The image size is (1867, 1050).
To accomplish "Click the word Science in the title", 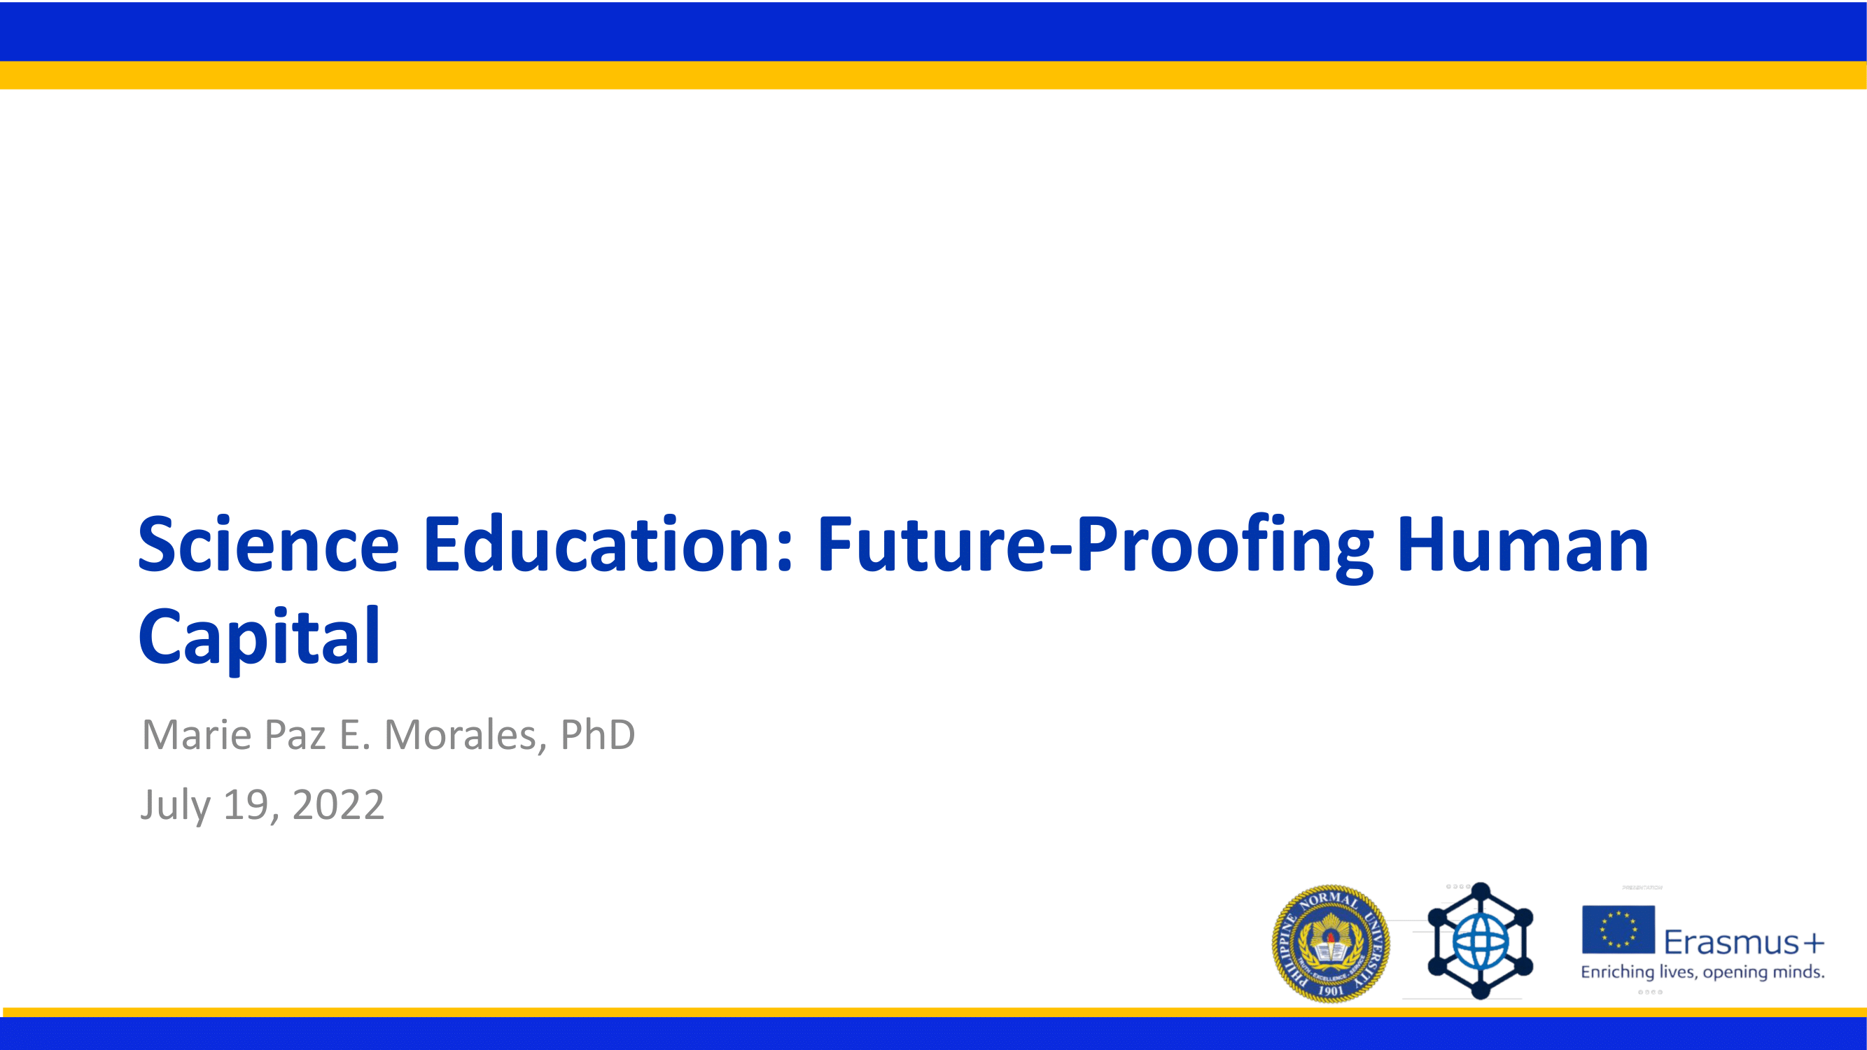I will (x=268, y=545).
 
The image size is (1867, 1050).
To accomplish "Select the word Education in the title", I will (x=608, y=545).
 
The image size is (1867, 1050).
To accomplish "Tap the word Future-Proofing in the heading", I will (x=1094, y=545).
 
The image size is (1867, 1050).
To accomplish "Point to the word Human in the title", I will (x=1522, y=545).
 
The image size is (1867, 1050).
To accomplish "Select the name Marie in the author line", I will (x=197, y=735).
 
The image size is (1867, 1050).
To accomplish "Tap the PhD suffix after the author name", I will (x=597, y=735).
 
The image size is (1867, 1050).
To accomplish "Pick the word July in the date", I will (x=176, y=805).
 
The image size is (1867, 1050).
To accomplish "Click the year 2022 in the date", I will (x=337, y=805).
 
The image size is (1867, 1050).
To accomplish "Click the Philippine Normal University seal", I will (x=1331, y=943).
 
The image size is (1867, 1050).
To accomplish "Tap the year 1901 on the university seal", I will (x=1331, y=990).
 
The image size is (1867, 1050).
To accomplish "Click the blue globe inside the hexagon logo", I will (x=1480, y=942).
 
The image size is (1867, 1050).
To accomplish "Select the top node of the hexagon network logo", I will (x=1480, y=890).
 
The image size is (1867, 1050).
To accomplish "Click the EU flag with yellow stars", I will (x=1618, y=929).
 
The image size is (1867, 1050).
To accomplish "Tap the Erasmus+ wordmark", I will (x=1744, y=942).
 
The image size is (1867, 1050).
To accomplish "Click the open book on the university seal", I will (x=1331, y=951).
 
